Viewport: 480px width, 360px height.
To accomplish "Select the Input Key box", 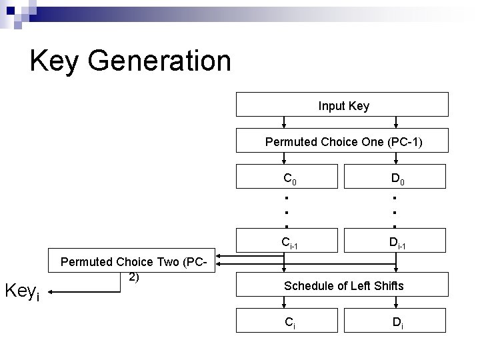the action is tap(343, 105).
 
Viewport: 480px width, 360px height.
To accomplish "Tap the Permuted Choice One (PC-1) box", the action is tap(343, 142).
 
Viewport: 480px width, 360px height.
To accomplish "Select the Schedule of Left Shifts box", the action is tap(343, 286).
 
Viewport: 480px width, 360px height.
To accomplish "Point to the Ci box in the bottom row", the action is tap(289, 323).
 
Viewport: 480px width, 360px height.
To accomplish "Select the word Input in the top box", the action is tap(331, 105).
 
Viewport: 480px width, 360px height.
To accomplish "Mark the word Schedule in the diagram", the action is tap(308, 286).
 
